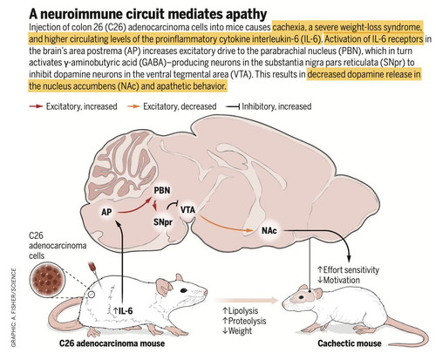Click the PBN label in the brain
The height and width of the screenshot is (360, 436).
(x=162, y=191)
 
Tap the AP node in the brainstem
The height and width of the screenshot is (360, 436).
(x=106, y=212)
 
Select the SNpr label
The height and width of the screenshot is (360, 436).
(x=163, y=222)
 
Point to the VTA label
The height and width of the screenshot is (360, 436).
(x=187, y=209)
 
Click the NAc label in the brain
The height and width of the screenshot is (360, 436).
(x=269, y=231)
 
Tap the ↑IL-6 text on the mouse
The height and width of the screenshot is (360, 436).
(x=123, y=311)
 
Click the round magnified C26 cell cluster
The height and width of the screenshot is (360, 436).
(x=48, y=281)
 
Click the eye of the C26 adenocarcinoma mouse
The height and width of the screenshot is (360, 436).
(x=184, y=290)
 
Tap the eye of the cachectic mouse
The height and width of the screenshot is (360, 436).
(x=302, y=297)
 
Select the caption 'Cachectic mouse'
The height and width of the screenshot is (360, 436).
(x=350, y=343)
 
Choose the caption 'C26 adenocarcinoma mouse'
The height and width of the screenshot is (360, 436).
(x=112, y=343)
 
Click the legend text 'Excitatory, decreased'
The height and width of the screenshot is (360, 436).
(x=180, y=106)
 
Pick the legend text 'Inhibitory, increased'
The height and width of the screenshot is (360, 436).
(x=276, y=106)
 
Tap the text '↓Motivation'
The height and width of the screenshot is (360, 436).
(x=338, y=280)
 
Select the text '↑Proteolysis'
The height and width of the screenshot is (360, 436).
(x=244, y=321)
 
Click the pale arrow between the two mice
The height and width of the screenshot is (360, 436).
(x=246, y=301)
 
